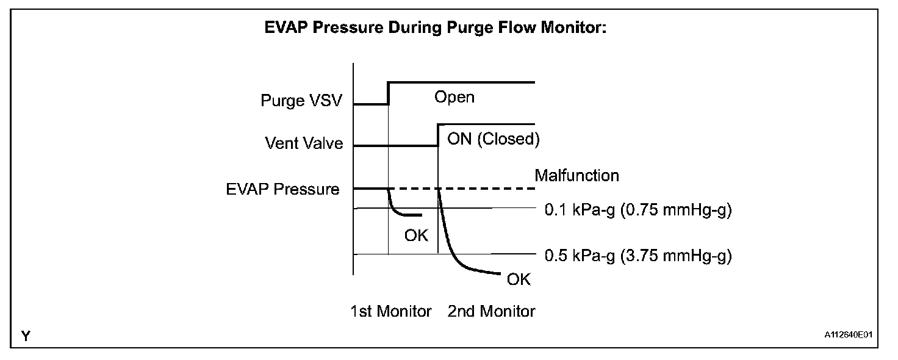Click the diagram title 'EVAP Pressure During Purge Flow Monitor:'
click(434, 29)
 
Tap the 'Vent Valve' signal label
click(304, 143)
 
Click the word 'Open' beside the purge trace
click(454, 96)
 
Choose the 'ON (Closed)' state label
click(494, 139)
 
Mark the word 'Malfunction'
click(577, 176)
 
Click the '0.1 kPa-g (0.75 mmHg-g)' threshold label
click(638, 211)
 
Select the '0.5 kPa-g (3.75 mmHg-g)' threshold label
click(638, 256)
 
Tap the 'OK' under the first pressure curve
click(417, 235)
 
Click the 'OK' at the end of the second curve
click(519, 280)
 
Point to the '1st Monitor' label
click(390, 311)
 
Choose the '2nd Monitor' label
click(491, 311)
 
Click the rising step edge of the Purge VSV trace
click(389, 93)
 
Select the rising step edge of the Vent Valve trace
click(438, 135)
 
